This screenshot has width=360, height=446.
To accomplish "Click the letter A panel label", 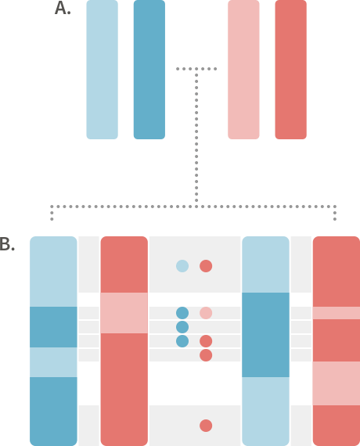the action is click(63, 8).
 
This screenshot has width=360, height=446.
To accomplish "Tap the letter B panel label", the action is click(7, 244).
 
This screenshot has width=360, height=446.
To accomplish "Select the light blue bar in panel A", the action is click(103, 70).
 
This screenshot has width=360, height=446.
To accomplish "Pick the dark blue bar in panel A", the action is click(149, 70).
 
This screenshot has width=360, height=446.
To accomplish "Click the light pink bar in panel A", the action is click(243, 70).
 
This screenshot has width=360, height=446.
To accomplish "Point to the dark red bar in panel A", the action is click(291, 70).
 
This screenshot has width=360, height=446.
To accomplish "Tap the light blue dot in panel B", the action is click(182, 266).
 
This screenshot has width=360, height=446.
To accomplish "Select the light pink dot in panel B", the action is click(206, 313).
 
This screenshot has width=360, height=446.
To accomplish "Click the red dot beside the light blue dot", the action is click(206, 266).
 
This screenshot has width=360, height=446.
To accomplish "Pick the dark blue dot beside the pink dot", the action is click(182, 313).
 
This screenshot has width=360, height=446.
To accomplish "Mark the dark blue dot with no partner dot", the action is click(182, 327).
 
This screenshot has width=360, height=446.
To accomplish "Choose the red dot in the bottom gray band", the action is click(206, 426).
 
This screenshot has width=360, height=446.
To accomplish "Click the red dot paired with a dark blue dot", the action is click(206, 341).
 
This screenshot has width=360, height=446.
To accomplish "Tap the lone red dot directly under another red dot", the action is click(206, 355).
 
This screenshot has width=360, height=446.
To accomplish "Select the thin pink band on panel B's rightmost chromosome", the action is click(337, 313).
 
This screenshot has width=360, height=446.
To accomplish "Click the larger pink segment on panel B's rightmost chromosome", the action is click(337, 383).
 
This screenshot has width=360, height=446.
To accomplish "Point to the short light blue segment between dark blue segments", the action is click(53, 362).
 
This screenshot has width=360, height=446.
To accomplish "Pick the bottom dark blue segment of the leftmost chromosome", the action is click(53, 412).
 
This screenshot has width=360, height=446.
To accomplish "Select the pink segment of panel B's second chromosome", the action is click(124, 313).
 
